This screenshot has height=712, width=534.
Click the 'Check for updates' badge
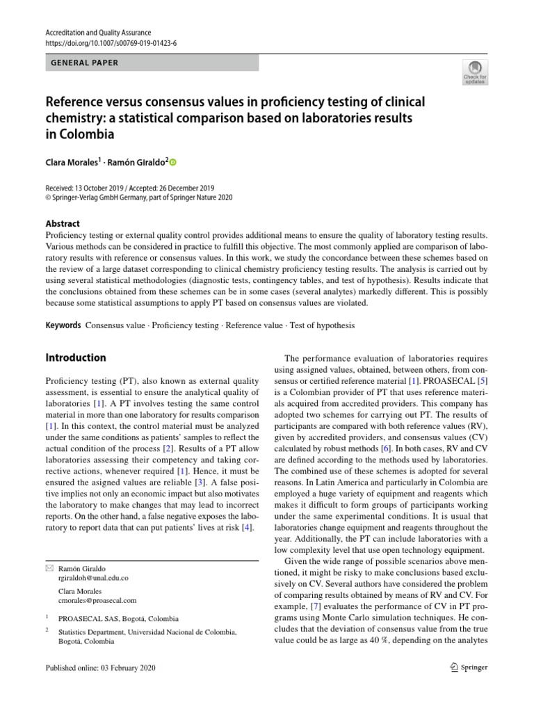tap(476, 73)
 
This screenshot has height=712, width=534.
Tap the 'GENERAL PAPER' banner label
tap(85, 63)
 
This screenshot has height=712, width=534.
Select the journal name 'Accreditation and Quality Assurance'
tap(98, 33)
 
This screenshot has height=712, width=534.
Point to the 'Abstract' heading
tap(63, 224)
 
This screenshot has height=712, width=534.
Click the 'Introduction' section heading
tap(76, 358)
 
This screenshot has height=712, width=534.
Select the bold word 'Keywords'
tap(63, 325)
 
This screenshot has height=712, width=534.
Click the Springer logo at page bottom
tap(466, 667)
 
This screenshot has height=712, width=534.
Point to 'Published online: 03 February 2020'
tap(101, 667)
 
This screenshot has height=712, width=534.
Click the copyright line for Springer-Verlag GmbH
tap(139, 197)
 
